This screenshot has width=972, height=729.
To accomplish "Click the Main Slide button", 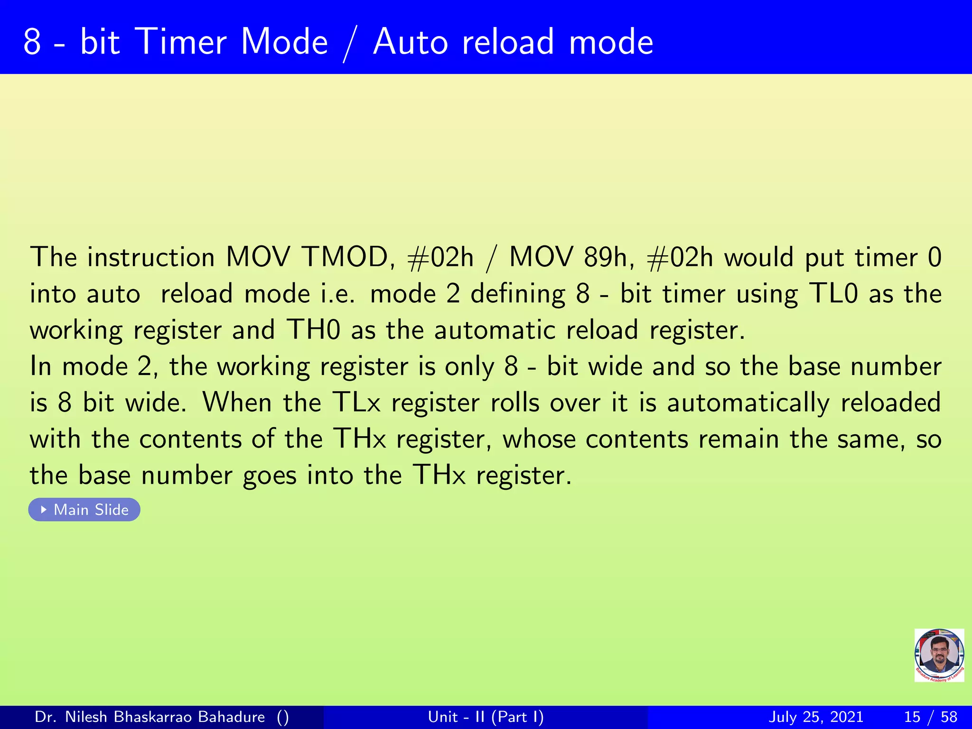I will coord(84,510).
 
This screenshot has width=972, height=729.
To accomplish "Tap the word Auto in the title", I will coord(411,42).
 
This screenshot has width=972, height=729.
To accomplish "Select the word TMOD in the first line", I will coord(345,258).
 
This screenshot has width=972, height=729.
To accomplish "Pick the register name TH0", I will coord(313,330).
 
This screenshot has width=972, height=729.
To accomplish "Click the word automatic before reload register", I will coord(495,330).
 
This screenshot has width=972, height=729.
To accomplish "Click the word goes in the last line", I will coord(270,476).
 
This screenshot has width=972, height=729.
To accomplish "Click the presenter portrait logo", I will coord(939,655).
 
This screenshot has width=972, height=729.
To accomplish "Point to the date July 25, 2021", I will coord(815,717).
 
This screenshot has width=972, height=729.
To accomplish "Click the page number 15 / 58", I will coord(930,717).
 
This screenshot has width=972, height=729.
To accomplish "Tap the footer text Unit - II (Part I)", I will coord(486,717).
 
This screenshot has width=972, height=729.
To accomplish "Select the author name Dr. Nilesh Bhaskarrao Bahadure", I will coord(150,717).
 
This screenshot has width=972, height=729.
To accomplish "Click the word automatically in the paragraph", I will coord(748,403).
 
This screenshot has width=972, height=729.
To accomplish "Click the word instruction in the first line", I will coord(151,258).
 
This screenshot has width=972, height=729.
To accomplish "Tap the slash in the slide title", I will coord(350,44).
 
